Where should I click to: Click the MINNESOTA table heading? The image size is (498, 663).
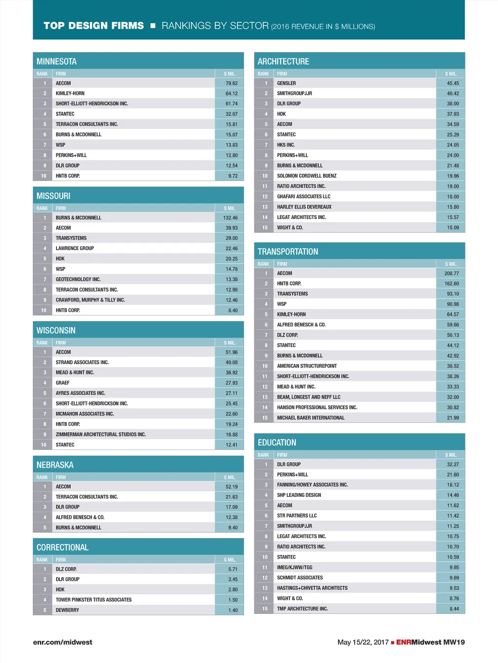[x=56, y=62]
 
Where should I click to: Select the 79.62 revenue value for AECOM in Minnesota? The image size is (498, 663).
[x=231, y=83]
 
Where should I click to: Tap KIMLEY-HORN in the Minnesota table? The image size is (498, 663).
[x=70, y=93]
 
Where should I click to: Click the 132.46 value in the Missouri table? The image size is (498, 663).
[x=231, y=218]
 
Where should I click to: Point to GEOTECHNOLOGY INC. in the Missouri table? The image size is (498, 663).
[x=78, y=279]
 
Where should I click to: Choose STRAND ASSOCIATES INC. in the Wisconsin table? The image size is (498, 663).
[x=82, y=362]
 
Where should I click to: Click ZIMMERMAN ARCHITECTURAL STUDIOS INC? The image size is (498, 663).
[x=101, y=435]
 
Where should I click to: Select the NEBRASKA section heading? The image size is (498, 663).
[x=55, y=465]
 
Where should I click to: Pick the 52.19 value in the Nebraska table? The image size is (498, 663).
[x=231, y=487]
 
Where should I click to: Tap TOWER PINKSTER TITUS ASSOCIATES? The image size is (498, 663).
[x=93, y=600]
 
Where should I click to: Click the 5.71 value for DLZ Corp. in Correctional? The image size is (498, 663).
[x=233, y=569]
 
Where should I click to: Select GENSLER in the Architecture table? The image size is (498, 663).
[x=286, y=83]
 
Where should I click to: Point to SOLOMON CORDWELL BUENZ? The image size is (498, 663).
[x=306, y=176]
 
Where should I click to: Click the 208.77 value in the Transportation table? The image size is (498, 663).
[x=451, y=273]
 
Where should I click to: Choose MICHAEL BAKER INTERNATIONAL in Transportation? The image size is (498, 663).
[x=311, y=418]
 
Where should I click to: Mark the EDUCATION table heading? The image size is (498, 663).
[x=277, y=442]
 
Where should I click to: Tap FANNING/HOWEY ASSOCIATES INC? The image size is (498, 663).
[x=312, y=485]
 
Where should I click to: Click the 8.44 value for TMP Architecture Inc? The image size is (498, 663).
[x=454, y=609]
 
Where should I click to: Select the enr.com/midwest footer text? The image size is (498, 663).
[x=62, y=642]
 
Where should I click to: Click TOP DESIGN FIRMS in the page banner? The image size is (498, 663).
[x=93, y=26]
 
